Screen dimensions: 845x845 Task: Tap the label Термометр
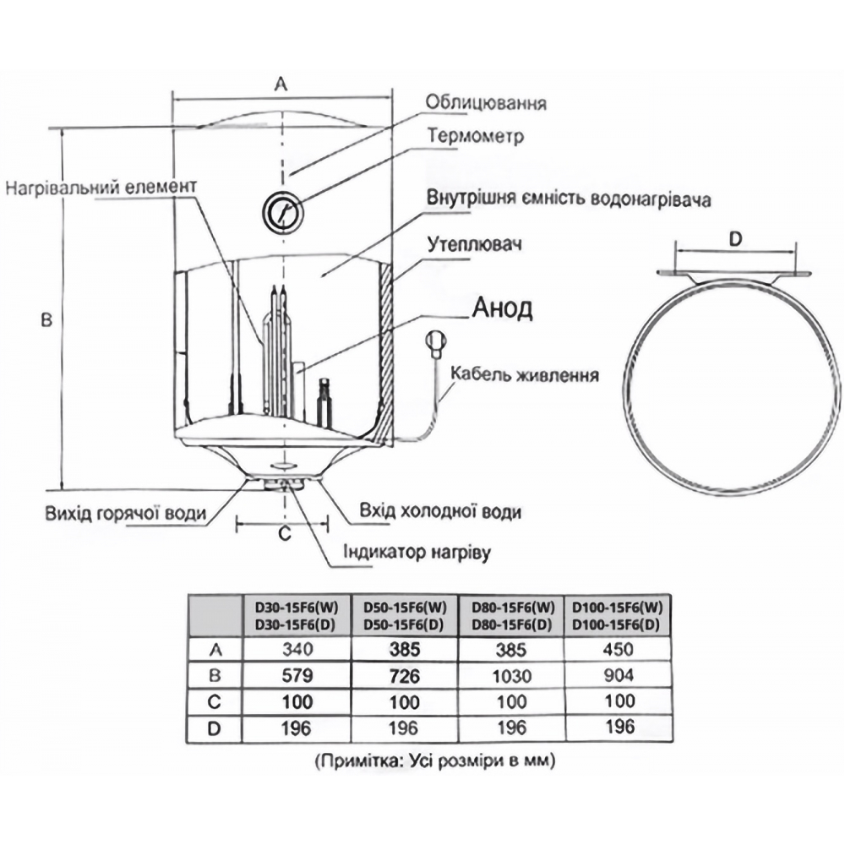point(476,136)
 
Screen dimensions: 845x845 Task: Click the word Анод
point(502,308)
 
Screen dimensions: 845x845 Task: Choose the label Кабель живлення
point(525,374)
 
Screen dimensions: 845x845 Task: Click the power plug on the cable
point(436,341)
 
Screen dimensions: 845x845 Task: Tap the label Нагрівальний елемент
point(101,186)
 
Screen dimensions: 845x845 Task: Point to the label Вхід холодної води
point(439,512)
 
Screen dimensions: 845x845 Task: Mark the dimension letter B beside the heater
point(46,319)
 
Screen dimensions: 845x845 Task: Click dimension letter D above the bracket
point(734,239)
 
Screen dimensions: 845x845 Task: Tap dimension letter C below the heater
point(284,533)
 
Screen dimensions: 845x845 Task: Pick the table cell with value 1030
point(510,676)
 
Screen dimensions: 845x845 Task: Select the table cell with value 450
point(617,650)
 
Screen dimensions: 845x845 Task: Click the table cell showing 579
point(296,676)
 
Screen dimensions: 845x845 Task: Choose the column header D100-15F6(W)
point(617,606)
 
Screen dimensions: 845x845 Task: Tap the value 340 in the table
point(296,650)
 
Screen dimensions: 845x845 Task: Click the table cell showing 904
point(617,676)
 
